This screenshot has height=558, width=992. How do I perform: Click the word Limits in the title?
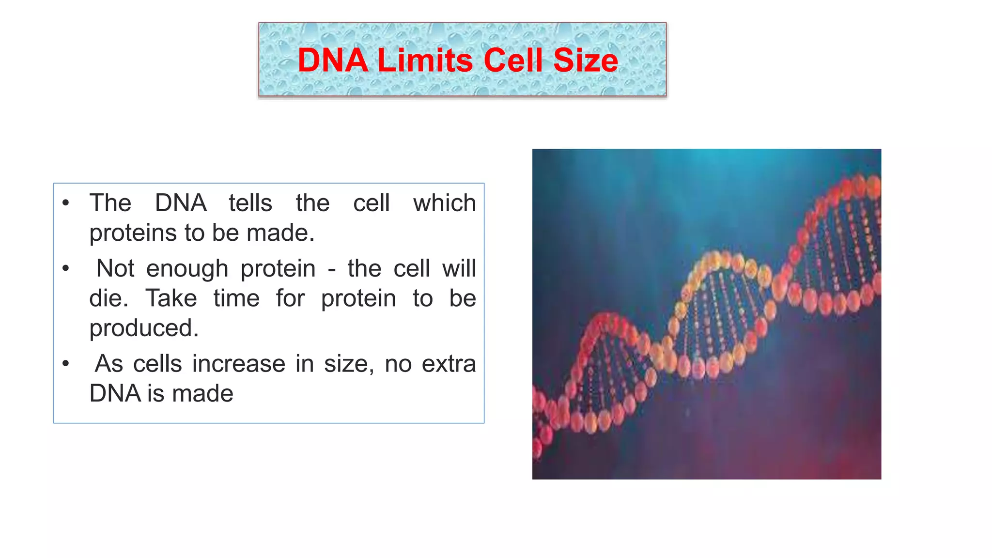pyautogui.click(x=425, y=61)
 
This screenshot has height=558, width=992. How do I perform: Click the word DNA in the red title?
pyautogui.click(x=332, y=61)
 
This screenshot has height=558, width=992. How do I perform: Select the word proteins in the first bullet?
pyautogui.click(x=133, y=233)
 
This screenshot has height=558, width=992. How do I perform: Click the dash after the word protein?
pyautogui.click(x=331, y=269)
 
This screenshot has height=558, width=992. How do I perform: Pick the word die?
pyautogui.click(x=108, y=298)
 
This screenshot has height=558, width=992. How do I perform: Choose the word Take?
pyautogui.click(x=171, y=298)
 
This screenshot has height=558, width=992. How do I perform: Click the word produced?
pyautogui.click(x=143, y=329)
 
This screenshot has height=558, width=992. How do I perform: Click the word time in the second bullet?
pyautogui.click(x=236, y=298)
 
